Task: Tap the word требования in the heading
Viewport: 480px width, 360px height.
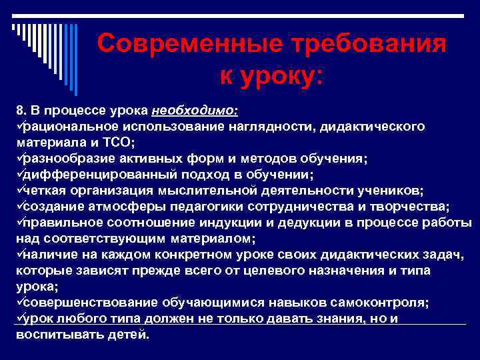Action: (359, 45)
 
